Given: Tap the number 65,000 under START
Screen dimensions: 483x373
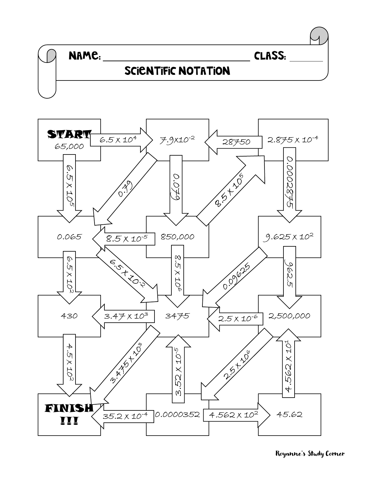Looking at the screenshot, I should coord(69,146).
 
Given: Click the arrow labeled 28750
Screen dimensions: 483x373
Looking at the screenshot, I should coord(234,142).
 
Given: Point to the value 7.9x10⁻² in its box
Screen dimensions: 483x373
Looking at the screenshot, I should coord(177,140).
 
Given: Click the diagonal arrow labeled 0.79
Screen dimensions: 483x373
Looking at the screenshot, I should coord(124,190).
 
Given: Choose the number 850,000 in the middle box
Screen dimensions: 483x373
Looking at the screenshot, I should coord(178,237).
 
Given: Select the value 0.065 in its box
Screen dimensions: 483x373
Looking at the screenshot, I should coord(69,237).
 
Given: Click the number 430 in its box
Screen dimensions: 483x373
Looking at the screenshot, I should coord(69,316).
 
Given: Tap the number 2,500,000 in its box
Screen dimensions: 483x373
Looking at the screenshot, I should coord(289,316).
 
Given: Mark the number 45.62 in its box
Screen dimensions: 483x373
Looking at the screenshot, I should coord(289,415).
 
